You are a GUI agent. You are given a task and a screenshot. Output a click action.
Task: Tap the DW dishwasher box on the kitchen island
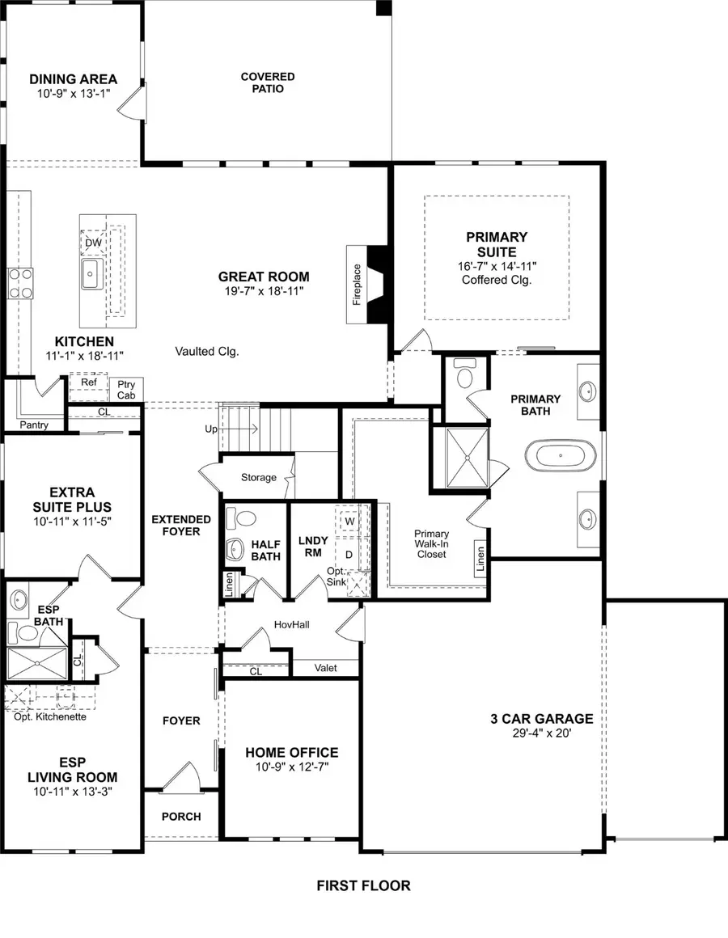pos(93,242)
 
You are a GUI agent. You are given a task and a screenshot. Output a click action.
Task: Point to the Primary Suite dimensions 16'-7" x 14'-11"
pos(497,265)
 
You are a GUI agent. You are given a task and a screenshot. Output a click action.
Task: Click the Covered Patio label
pos(267,82)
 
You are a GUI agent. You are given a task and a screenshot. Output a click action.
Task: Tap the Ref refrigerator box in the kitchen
pos(88,382)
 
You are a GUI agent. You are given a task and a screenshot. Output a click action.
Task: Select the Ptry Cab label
pos(126,389)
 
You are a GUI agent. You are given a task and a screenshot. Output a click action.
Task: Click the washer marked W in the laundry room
pos(350,522)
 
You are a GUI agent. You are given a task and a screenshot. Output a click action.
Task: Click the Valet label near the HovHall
pos(326,668)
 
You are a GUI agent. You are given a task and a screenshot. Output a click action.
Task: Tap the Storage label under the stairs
pos(258,477)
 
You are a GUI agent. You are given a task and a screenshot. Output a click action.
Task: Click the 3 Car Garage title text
pos(541,718)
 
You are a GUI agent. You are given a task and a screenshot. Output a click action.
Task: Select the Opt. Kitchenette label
pos(50,716)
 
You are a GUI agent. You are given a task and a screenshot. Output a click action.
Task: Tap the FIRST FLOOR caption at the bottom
pos(363,885)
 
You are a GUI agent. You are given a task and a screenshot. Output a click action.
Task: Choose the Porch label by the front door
pos(181,816)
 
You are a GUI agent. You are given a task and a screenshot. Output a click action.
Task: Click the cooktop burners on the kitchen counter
pos(19,284)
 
